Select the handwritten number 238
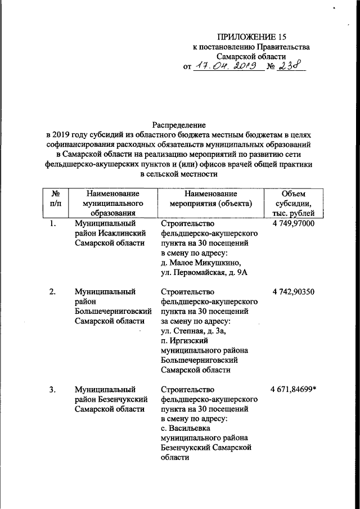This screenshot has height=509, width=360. [291, 66]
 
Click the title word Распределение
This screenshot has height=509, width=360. [179, 124]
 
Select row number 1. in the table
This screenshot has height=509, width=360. [52, 223]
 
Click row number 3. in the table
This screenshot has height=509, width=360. [52, 389]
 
